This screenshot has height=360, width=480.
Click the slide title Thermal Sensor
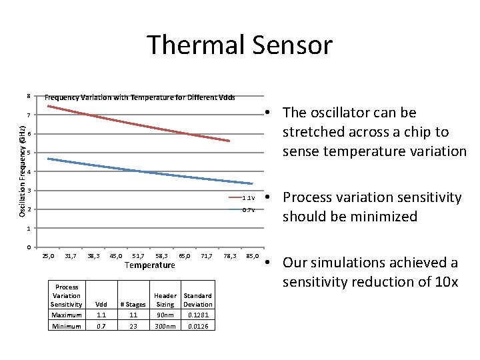(x=239, y=45)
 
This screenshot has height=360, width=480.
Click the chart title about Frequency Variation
(x=139, y=97)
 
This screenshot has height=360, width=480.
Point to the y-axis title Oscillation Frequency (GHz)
(x=23, y=172)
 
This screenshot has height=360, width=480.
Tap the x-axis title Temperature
(x=149, y=265)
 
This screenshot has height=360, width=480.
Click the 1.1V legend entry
(x=243, y=198)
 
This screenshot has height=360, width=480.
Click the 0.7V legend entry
(x=243, y=210)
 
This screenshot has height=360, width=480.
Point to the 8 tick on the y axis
(x=29, y=97)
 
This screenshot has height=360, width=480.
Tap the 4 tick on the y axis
(x=29, y=172)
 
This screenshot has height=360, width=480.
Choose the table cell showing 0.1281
(x=197, y=315)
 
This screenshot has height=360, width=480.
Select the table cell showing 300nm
(x=165, y=326)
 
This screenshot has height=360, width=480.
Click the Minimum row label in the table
(x=67, y=326)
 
